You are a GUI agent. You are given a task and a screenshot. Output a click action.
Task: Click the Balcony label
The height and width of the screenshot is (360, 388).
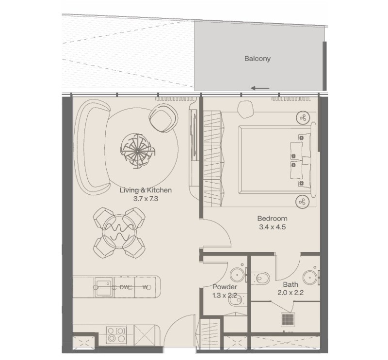pos(258,59)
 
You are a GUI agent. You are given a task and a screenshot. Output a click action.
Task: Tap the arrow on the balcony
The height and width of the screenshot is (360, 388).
pos(260,88)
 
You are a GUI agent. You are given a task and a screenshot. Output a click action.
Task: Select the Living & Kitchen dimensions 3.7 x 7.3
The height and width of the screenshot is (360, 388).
pos(145,199)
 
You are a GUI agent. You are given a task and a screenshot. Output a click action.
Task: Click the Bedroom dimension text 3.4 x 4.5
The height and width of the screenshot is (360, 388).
pos(272,227)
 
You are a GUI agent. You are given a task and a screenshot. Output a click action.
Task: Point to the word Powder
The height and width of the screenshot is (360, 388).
pos(225,287)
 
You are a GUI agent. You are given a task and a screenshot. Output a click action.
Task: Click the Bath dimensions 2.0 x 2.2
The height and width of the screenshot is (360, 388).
pos(291,293)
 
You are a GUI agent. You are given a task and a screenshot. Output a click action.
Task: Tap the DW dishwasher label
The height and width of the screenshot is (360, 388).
pos(125,287)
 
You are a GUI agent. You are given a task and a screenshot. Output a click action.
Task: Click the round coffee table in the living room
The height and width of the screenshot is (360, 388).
pos(137,151)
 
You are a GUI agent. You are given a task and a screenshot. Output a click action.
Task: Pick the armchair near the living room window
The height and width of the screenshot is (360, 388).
pos(163,118)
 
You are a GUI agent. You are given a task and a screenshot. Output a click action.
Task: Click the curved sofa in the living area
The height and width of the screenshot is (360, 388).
pos(92,148)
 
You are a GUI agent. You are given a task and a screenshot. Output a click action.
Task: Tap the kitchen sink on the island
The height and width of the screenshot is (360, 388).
pos(104,287)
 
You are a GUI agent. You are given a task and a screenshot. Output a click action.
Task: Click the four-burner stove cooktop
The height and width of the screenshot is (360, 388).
pos(116,334)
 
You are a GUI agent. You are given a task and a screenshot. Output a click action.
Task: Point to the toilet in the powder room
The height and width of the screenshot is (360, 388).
pos(237,300)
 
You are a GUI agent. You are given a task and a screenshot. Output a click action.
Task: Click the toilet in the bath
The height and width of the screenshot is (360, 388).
pos(260,279)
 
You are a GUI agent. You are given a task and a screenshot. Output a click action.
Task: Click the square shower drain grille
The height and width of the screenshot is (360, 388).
pos(288,319)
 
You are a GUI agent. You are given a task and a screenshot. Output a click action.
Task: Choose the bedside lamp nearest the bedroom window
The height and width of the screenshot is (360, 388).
pos(303,118)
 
